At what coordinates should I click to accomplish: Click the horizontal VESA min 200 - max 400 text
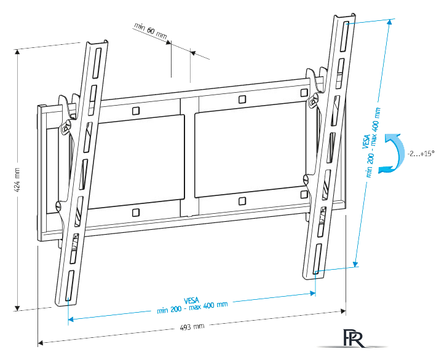click(192, 302)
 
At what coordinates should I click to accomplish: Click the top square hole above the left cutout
click(135, 111)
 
